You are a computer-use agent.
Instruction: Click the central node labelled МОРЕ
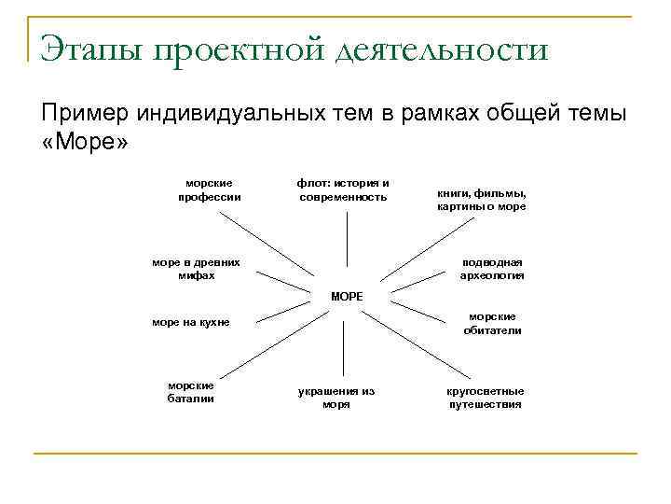click(x=346, y=296)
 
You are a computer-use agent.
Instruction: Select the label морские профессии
click(x=209, y=189)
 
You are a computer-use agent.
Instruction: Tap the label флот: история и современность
click(x=342, y=189)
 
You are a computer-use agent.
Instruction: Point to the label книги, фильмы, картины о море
click(x=481, y=200)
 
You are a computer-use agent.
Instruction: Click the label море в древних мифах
click(x=189, y=269)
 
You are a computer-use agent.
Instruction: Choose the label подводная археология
click(x=491, y=269)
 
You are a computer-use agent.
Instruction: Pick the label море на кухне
click(x=190, y=323)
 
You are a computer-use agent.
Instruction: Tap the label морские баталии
click(x=190, y=391)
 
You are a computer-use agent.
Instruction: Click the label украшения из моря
click(x=336, y=398)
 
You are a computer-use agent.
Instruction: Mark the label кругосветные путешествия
click(x=486, y=398)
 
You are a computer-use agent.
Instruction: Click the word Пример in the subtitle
click(x=84, y=113)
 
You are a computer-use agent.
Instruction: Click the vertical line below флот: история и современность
click(x=346, y=241)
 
